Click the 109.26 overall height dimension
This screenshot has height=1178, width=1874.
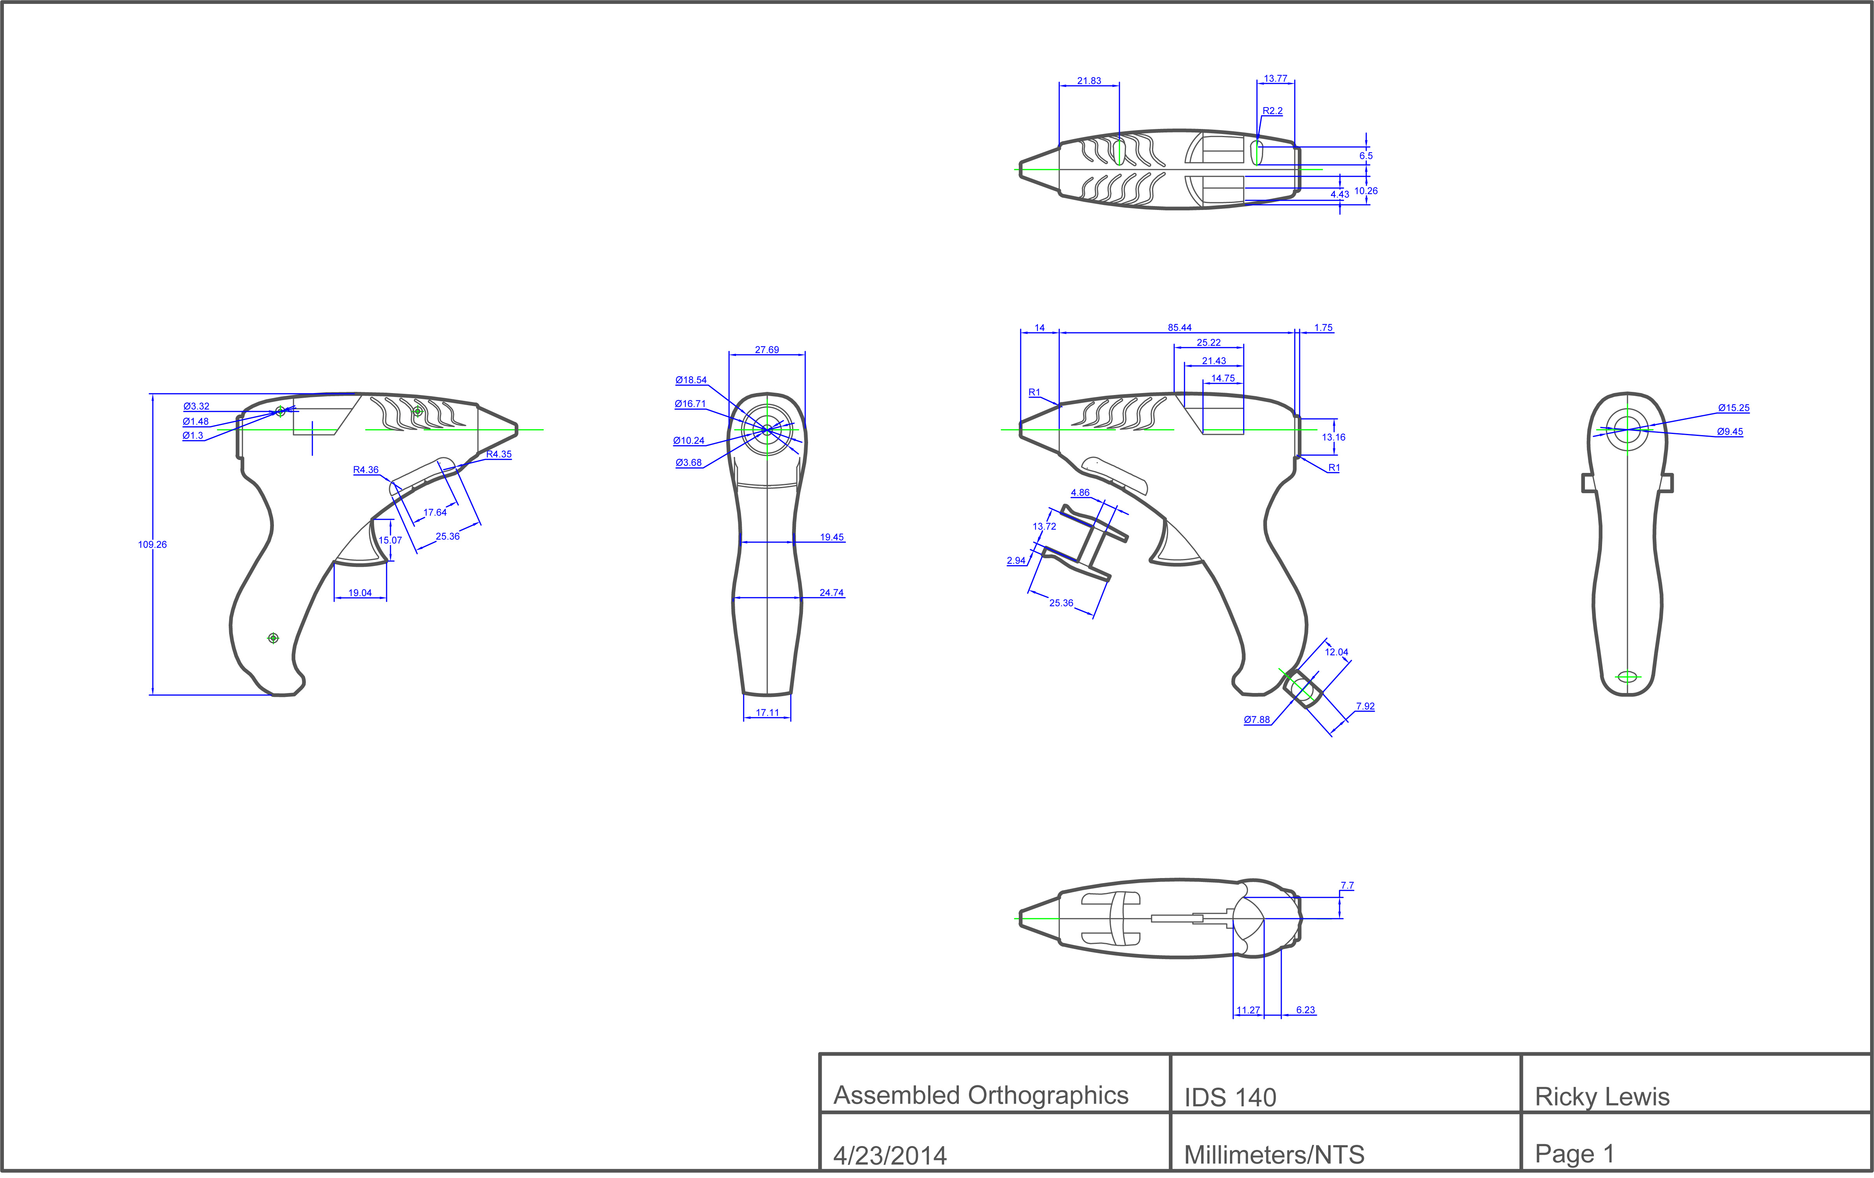coord(153,545)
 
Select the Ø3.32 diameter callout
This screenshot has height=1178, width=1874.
coord(196,406)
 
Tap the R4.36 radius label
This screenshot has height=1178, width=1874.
coord(366,470)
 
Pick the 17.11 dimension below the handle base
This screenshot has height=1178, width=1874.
coord(768,713)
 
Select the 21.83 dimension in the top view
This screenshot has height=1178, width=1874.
coord(1089,81)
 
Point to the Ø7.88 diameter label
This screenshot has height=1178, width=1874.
coord(1257,720)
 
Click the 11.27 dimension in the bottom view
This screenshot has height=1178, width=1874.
coord(1248,1010)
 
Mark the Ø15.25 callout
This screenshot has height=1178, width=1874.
coord(1734,408)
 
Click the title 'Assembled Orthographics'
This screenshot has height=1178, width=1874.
coord(981,1095)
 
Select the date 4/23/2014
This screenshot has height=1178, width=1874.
coord(889,1155)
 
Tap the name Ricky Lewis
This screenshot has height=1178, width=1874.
coord(1602,1097)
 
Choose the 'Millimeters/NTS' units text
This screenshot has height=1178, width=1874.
coord(1274,1155)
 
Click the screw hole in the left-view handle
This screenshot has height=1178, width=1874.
coord(273,638)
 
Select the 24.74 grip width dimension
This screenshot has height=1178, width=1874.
coord(831,593)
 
